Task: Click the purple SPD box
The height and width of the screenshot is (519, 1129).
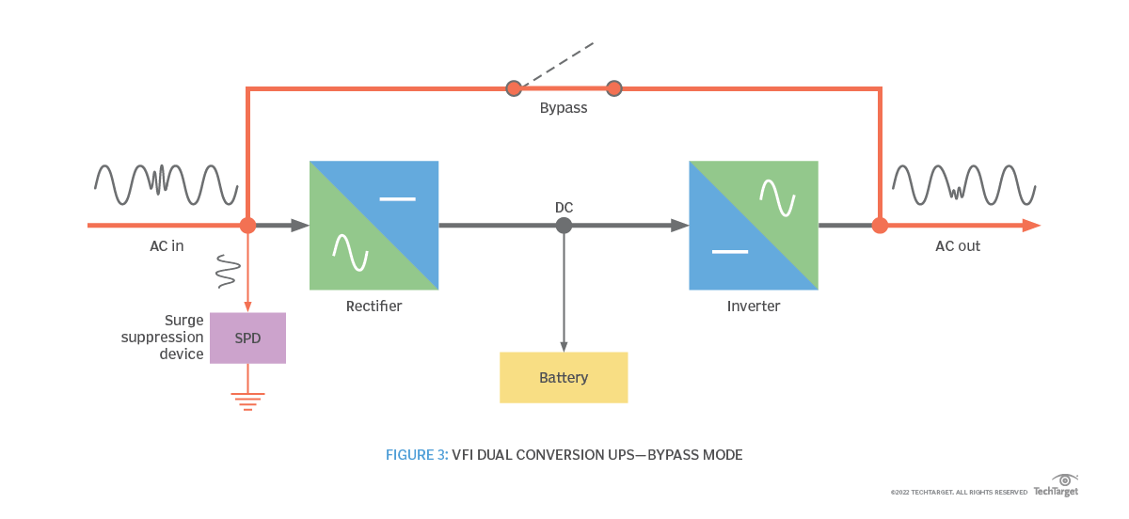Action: (247, 338)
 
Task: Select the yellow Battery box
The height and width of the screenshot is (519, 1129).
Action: (564, 377)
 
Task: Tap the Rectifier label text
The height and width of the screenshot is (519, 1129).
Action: (374, 307)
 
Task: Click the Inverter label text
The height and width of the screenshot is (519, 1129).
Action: (753, 307)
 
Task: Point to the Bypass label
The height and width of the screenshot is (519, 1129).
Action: (564, 108)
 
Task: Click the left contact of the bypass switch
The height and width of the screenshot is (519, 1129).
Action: (514, 88)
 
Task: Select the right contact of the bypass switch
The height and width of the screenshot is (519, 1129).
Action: (614, 88)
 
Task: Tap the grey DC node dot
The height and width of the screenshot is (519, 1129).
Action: (564, 226)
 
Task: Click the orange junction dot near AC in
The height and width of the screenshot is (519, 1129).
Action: (247, 226)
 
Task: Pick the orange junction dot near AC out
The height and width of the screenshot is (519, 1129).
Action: (880, 226)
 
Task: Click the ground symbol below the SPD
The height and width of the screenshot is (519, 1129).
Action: (247, 401)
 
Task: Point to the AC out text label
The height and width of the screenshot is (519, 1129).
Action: (957, 246)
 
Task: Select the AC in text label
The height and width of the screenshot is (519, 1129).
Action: (167, 246)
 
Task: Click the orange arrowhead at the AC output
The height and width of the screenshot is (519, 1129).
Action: (1031, 226)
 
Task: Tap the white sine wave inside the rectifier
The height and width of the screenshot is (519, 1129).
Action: (348, 251)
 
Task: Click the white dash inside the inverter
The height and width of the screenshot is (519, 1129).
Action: (730, 252)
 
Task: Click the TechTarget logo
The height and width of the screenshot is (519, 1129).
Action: (1057, 486)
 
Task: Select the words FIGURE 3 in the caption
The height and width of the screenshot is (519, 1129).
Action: (416, 455)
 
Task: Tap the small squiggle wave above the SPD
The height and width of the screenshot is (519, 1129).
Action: (227, 270)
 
